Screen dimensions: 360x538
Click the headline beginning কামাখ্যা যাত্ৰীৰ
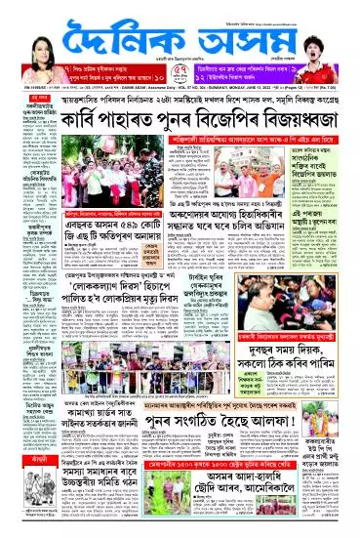[x=92, y=420]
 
